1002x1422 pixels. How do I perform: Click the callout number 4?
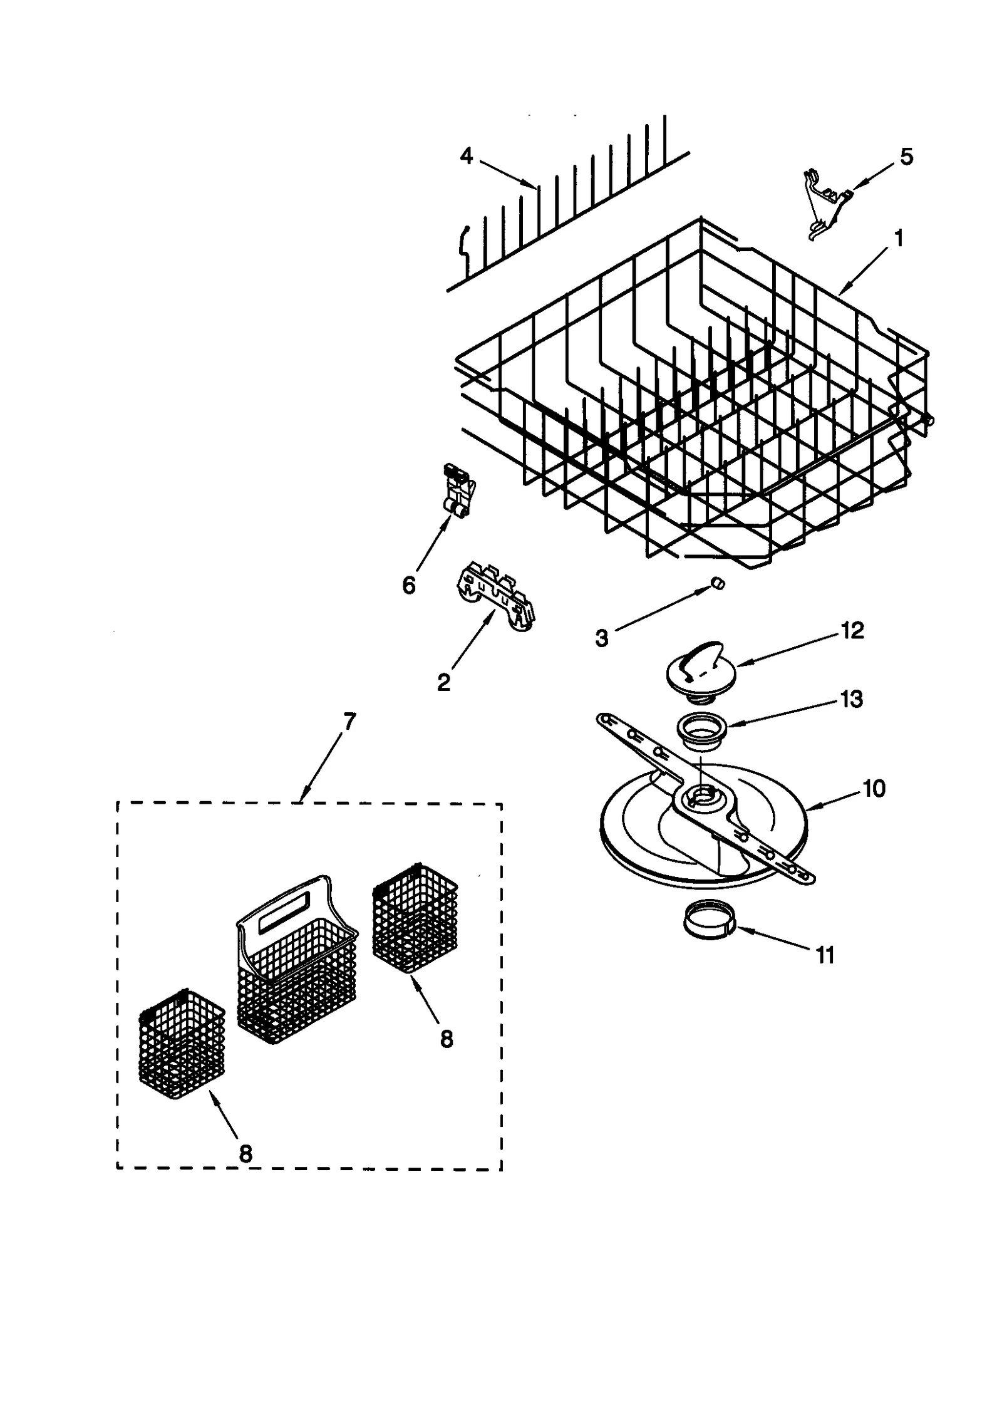[466, 155]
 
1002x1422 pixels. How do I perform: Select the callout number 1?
[899, 238]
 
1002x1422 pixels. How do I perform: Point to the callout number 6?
[408, 586]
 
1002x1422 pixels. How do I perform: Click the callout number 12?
[852, 630]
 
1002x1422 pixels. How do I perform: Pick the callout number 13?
[852, 698]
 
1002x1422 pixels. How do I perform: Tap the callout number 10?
[874, 788]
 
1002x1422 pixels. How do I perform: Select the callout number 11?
[825, 955]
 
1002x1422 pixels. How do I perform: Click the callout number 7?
[349, 722]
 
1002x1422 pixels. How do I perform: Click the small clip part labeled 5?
[825, 207]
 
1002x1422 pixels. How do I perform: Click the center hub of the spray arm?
[699, 797]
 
